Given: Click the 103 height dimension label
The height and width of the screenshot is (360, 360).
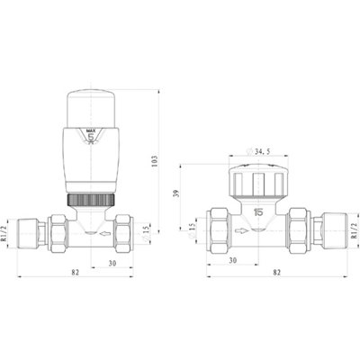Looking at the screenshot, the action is (155, 161).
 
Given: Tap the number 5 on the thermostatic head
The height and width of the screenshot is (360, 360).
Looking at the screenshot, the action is (91, 138).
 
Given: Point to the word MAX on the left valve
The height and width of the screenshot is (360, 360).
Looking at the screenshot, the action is (91, 130).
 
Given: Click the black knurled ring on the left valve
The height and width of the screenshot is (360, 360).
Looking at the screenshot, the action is (91, 200).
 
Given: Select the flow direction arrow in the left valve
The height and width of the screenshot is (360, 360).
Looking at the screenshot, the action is (105, 233).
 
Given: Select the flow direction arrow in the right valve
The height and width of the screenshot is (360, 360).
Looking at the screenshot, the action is (241, 230).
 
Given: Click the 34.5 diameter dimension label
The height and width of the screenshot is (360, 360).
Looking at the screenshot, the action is (259, 151).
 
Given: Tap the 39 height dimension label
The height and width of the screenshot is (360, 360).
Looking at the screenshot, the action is (176, 193).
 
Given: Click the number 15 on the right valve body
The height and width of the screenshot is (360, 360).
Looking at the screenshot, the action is (258, 212).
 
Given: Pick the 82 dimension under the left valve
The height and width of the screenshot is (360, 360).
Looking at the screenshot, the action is (75, 273).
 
